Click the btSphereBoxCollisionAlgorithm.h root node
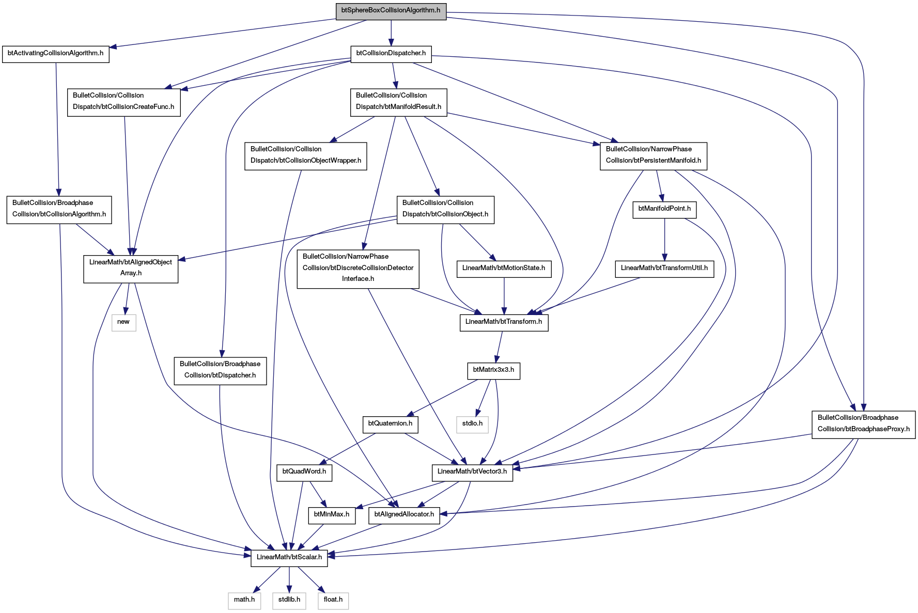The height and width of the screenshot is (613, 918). (391, 10)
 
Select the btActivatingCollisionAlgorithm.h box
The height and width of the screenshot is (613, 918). (56, 53)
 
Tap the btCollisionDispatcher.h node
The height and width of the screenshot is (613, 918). (391, 53)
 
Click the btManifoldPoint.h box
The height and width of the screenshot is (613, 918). (664, 209)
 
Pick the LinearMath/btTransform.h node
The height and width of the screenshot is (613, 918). (504, 322)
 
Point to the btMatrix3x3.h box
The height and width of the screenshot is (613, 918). (493, 370)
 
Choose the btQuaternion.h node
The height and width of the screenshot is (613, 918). (390, 423)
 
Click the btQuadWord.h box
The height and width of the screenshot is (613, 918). (304, 471)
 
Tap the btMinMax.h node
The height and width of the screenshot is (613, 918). (332, 514)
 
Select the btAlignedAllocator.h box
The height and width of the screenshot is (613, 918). (404, 514)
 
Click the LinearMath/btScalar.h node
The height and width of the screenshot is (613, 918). (289, 557)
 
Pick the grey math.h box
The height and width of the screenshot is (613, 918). (244, 600)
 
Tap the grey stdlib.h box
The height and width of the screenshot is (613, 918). (289, 600)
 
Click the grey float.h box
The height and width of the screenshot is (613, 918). (333, 600)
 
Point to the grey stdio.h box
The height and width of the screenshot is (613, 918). (472, 423)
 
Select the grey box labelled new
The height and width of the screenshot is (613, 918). (123, 322)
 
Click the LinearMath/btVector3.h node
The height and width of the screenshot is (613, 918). (472, 471)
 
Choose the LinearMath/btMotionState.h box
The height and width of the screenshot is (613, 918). (504, 268)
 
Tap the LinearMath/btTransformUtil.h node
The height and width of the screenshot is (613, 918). (664, 268)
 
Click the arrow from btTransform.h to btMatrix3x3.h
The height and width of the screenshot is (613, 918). (499, 347)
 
